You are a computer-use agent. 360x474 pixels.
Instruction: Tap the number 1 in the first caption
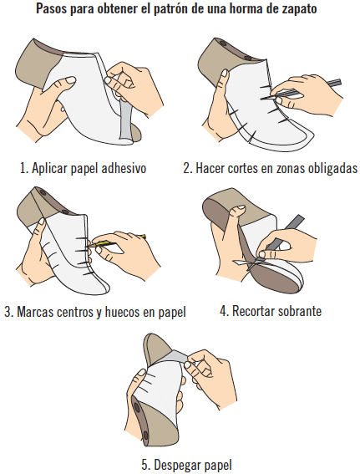click(x=23, y=168)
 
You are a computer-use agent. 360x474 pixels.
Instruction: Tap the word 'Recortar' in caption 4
click(x=256, y=312)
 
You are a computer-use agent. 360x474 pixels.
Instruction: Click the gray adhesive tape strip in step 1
click(x=124, y=117)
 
